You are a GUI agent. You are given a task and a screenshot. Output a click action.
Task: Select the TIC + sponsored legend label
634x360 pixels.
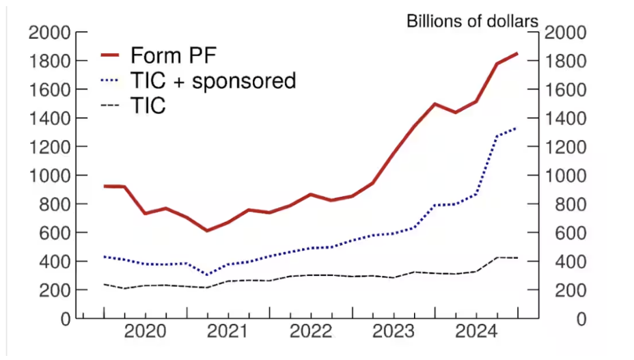pos(212,81)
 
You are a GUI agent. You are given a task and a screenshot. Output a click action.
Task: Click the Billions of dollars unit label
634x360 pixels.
pos(473,20)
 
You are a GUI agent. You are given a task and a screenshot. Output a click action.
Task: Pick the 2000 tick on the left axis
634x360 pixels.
pos(50,33)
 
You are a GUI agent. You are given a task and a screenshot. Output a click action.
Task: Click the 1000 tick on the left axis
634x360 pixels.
pos(50,176)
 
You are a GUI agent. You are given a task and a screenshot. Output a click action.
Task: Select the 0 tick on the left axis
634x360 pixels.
pos(65,319)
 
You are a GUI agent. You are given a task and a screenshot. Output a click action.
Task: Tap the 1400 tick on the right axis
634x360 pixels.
pos(564,118)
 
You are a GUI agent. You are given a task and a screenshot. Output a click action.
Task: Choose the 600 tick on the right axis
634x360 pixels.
pos(560,233)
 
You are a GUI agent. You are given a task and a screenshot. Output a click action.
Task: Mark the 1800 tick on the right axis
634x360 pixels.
pos(564,61)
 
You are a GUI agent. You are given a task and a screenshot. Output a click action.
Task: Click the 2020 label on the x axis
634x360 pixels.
pos(145,333)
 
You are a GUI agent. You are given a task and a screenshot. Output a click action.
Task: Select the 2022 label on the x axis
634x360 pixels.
pos(311,333)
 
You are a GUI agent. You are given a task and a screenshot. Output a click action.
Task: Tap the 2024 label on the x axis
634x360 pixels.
pos(476,333)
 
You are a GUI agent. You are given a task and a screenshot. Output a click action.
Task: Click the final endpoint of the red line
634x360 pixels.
pos(517,53)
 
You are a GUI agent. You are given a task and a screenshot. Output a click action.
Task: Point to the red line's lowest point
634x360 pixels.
pos(207,230)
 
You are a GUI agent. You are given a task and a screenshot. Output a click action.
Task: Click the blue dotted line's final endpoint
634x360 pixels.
pos(517,128)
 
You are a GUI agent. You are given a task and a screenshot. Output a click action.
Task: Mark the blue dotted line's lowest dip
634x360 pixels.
pos(207,275)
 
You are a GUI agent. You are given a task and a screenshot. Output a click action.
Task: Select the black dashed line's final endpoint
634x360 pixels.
pos(517,258)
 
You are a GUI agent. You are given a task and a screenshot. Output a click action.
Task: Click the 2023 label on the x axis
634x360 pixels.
pos(394,333)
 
